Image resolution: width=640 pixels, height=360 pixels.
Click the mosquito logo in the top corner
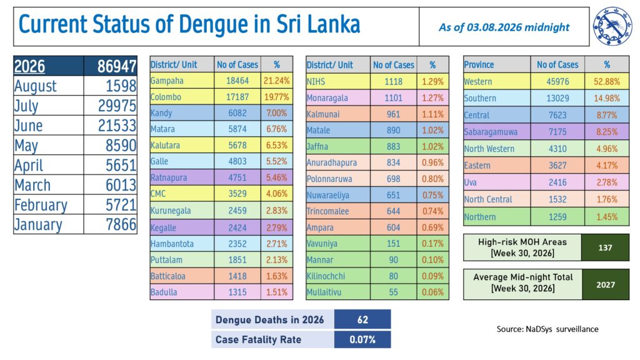(x=612, y=26)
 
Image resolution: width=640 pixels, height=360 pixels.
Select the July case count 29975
(x=117, y=106)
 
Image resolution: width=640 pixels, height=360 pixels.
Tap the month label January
(x=38, y=224)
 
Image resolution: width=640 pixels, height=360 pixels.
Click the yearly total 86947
(x=117, y=66)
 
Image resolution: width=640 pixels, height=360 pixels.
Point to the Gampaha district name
(x=167, y=81)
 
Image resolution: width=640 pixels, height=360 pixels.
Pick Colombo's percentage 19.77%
(x=276, y=97)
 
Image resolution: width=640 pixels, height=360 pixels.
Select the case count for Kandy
(x=237, y=113)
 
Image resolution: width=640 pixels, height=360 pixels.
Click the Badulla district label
(x=164, y=292)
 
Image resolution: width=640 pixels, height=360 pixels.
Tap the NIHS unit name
(x=316, y=82)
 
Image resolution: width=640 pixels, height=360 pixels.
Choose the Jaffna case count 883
(x=393, y=146)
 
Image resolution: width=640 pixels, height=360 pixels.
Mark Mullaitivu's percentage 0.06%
(x=432, y=292)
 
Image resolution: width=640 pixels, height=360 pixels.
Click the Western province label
(x=477, y=82)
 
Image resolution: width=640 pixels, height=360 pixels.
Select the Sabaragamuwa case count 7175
(x=557, y=132)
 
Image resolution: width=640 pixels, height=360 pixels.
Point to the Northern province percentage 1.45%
(x=606, y=217)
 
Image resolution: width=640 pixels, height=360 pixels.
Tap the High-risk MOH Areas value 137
(x=605, y=247)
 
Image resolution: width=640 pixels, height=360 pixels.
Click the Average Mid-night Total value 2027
(x=605, y=285)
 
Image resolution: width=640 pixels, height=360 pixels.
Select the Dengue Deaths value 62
(x=362, y=319)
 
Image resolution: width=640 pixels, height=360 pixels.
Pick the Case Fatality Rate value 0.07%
(x=362, y=339)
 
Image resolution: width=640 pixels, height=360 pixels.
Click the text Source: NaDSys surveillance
(x=547, y=329)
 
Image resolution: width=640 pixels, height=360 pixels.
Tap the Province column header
(x=479, y=64)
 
